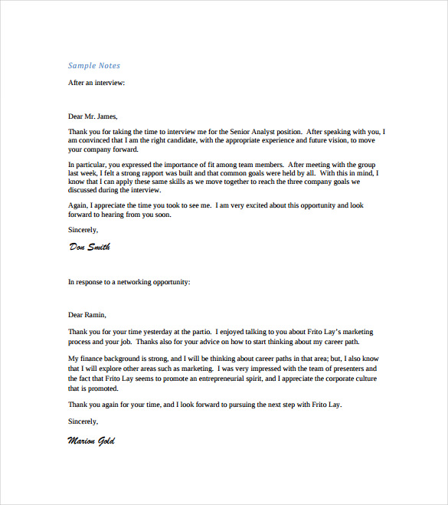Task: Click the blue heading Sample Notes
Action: click(94, 66)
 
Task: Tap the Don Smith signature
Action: click(90, 247)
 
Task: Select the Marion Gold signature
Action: click(91, 441)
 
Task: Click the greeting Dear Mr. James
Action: click(93, 116)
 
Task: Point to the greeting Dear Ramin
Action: click(87, 314)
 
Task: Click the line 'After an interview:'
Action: click(96, 82)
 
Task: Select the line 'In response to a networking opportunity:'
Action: click(129, 282)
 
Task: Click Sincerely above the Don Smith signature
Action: click(83, 229)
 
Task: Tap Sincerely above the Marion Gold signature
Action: click(83, 421)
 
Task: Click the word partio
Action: click(201, 332)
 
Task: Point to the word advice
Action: click(193, 341)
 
